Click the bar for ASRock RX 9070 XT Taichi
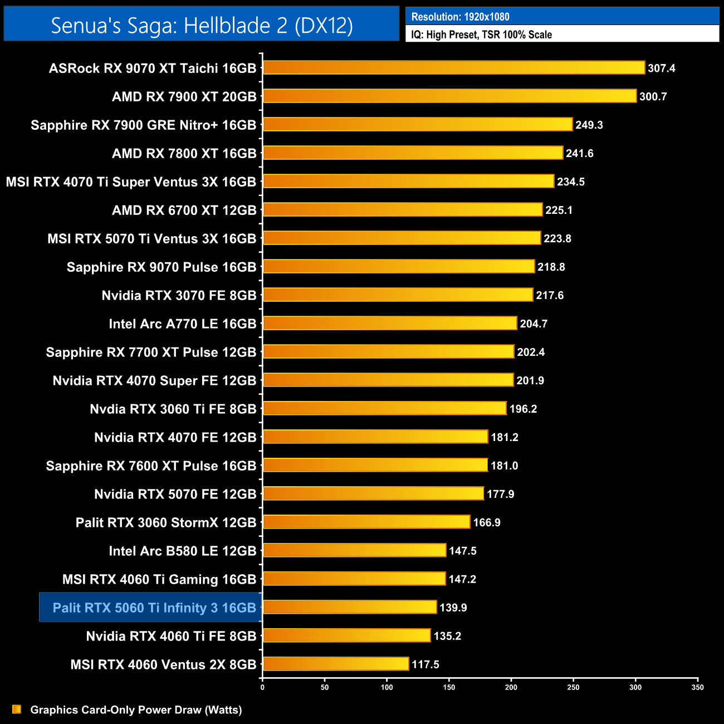coord(453,68)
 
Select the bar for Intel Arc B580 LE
coord(354,551)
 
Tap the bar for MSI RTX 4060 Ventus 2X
coord(335,664)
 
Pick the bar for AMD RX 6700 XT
coord(402,210)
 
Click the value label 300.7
coord(653,97)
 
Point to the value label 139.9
coord(453,608)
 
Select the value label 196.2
coord(523,409)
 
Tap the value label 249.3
coord(589,125)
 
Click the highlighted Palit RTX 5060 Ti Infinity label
coord(154,608)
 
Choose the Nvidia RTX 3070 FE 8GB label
coord(179,296)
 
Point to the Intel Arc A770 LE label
coord(182,324)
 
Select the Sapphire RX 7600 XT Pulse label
coord(151,466)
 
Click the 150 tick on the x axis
coord(449,687)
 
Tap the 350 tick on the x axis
coord(697,687)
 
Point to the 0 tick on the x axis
coord(262,687)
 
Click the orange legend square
coord(17,710)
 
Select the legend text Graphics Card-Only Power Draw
coord(136,710)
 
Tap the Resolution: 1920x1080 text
coord(460,17)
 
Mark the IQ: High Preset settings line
coord(481,35)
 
